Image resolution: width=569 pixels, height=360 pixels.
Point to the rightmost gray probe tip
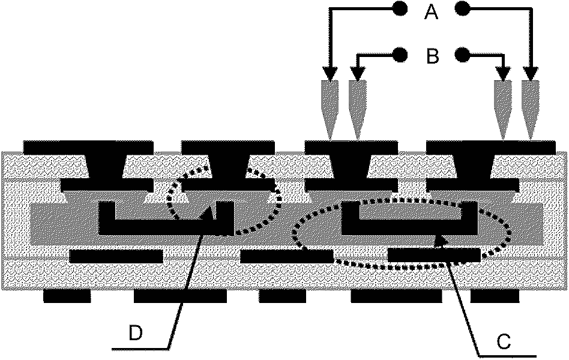pos(529,108)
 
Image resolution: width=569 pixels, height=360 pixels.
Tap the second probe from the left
pos(357,108)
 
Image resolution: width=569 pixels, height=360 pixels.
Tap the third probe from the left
pos(502,108)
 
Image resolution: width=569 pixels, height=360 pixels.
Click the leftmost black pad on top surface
pos(88,146)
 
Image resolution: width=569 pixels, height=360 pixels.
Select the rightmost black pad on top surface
pos(490,146)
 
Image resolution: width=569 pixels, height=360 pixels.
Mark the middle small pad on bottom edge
pos(281,296)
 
